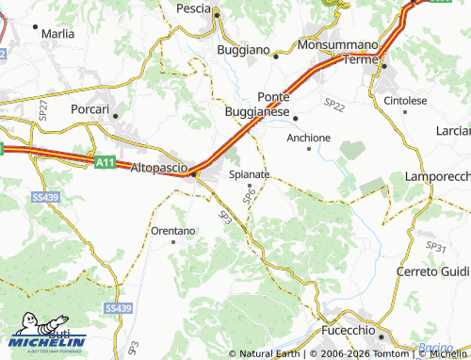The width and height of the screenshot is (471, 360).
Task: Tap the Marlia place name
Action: point(58,33)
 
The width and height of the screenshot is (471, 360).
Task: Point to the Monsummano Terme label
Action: point(336,52)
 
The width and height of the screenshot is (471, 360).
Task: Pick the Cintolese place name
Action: point(405,100)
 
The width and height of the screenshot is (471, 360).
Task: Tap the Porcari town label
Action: point(91,108)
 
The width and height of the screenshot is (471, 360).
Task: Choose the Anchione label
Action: point(309,138)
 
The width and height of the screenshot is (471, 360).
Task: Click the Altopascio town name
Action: point(156,167)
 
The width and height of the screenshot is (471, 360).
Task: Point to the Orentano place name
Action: point(173,230)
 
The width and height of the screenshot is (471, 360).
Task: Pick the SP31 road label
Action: point(435,247)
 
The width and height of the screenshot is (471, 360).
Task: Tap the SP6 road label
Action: point(249,195)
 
